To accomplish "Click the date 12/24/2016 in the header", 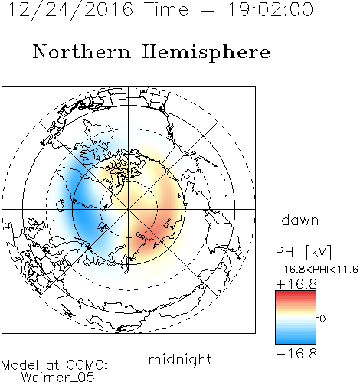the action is pos(70,10).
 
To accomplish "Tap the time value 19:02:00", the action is pos(270,9).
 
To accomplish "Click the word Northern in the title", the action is pos(82,52).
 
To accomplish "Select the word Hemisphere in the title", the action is pos(206,53).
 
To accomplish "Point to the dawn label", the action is pos(300,220).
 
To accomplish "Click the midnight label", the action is pos(180,359).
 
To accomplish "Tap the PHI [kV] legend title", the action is pos(303,252).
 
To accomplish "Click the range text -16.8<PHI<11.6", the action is pos(317,270).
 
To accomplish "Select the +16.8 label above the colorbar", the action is pos(296,284).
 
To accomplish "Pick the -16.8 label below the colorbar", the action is pos(296,354).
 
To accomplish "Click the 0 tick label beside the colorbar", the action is pos(322,319).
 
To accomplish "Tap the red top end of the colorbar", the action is pos(296,293).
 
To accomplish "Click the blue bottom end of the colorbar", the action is pos(296,342).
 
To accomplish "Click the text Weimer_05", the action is pos(58,378).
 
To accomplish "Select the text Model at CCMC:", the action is pos(54,365).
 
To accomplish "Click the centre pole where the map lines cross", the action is pos(129,210).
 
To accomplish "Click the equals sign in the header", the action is pos(207,10).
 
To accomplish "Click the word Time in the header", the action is pos(166,9).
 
